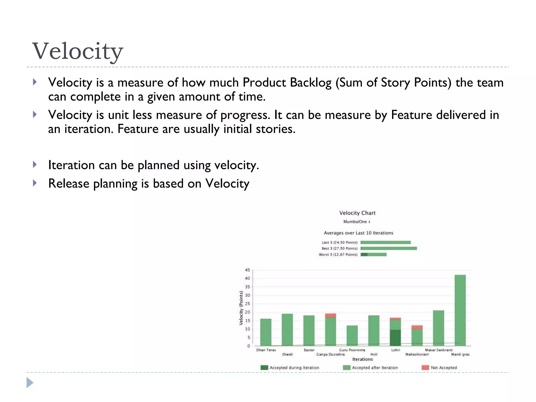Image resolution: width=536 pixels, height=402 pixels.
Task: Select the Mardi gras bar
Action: [x=460, y=310]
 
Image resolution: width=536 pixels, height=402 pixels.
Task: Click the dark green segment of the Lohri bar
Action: [x=395, y=338]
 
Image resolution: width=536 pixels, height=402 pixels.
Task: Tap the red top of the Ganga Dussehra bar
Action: [x=331, y=315]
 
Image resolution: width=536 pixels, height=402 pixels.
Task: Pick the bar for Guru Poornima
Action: [x=352, y=336]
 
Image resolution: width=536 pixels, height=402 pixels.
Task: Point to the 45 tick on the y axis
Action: [x=247, y=270]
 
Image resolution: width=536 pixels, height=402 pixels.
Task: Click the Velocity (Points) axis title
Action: [x=241, y=308]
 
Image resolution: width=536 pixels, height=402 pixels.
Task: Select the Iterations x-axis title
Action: [x=362, y=359]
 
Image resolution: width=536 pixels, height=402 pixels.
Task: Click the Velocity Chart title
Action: [x=357, y=213]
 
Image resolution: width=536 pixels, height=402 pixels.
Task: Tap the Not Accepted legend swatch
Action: [x=425, y=367]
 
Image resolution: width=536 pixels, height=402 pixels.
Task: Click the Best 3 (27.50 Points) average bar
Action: [x=388, y=248]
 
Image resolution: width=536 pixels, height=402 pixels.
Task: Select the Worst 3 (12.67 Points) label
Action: [x=338, y=254]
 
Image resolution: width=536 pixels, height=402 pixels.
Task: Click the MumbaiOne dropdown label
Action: [x=356, y=222]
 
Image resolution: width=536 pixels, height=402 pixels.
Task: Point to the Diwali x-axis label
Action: [x=287, y=354]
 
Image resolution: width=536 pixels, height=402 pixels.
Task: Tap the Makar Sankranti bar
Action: [x=438, y=328]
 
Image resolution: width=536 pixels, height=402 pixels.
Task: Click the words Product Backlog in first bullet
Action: [x=287, y=82]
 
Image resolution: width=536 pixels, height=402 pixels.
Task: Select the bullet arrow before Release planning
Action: [x=35, y=183]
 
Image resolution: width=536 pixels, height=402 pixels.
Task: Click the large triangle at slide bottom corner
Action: [x=30, y=383]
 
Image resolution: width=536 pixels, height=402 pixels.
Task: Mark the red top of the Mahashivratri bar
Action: [x=417, y=327]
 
